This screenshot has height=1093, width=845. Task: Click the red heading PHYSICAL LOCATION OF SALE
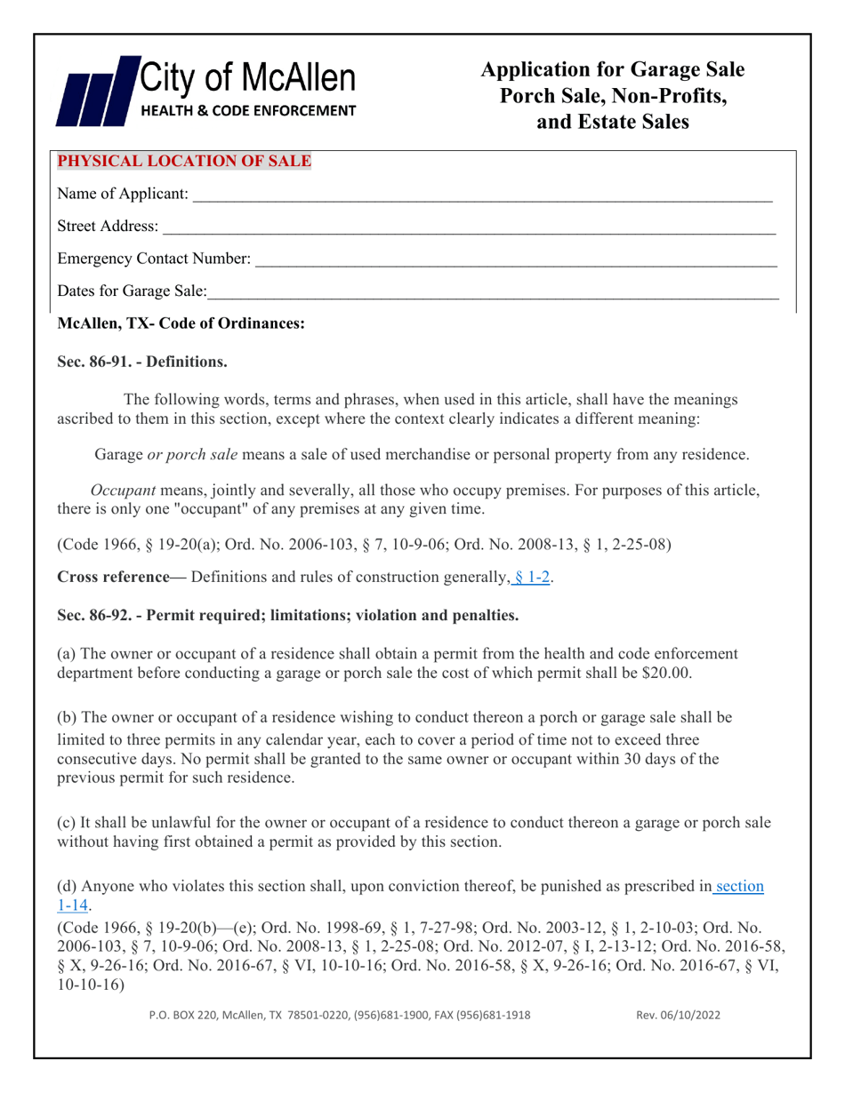coord(184,162)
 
